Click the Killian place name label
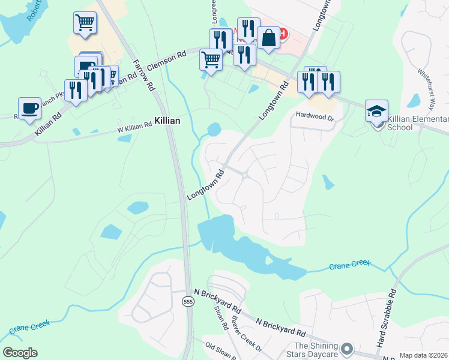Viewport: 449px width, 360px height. [167, 121]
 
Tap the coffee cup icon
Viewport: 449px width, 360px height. [29, 109]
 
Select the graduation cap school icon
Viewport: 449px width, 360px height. [376, 111]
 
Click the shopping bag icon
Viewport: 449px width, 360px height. [268, 38]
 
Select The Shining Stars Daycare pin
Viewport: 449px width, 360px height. [346, 349]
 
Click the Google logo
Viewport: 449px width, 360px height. [20, 353]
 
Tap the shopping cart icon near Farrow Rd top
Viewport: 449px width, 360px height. [85, 23]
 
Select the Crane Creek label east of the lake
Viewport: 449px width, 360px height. [350, 265]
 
